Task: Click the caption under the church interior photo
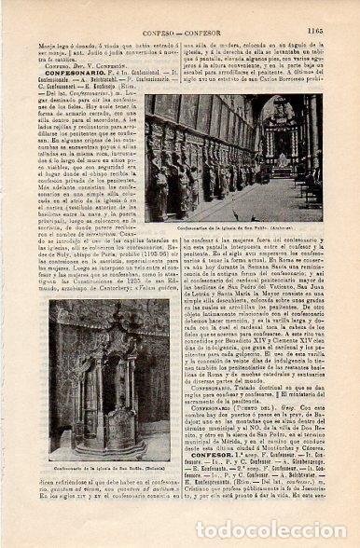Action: (236, 228)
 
